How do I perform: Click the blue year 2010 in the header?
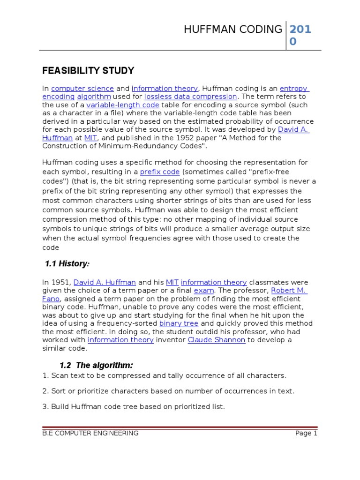300,36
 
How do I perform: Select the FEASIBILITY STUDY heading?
88,71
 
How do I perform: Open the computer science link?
82,89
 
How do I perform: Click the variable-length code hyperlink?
123,105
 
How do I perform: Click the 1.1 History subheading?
67,264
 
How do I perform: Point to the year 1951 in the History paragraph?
61,282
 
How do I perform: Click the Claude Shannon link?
216,340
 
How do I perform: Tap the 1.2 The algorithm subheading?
96,365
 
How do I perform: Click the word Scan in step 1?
59,375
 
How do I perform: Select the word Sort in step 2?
59,391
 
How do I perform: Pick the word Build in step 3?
60,406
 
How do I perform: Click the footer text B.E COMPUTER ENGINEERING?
90,433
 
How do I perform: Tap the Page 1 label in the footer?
306,433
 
